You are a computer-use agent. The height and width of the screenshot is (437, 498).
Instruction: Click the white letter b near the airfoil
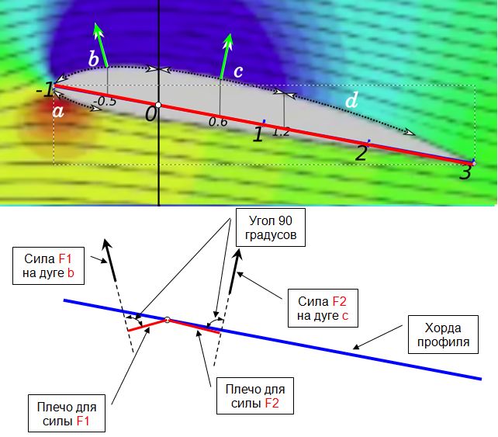93,59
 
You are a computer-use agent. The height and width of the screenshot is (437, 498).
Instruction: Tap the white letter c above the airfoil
238,72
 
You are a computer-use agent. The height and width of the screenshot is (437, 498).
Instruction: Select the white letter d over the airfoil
351,100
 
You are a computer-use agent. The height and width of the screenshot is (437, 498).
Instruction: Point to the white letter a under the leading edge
58,112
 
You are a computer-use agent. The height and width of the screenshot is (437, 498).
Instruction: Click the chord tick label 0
150,114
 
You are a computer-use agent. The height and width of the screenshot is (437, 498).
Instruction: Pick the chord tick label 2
361,152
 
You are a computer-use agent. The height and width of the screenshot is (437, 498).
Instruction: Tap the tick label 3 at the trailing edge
465,172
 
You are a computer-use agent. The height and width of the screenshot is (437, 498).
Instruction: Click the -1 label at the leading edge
44,89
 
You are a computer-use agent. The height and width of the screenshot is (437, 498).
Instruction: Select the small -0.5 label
105,102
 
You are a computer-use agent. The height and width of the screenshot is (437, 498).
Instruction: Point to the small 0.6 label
218,122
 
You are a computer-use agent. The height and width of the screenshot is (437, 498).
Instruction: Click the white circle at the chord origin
158,105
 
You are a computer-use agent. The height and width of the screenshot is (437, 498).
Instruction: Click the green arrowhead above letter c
228,41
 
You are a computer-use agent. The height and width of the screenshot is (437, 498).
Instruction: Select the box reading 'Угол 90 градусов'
271,227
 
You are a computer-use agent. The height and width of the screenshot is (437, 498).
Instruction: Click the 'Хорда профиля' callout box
443,335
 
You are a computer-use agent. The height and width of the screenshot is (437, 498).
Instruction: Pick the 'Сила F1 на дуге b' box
48,265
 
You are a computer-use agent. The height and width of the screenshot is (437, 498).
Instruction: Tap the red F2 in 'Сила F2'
339,301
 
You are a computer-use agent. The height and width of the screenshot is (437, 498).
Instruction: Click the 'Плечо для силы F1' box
67,414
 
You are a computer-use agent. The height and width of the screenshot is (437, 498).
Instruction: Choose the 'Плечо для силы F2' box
255,396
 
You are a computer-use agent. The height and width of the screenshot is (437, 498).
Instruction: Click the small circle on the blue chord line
168,320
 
